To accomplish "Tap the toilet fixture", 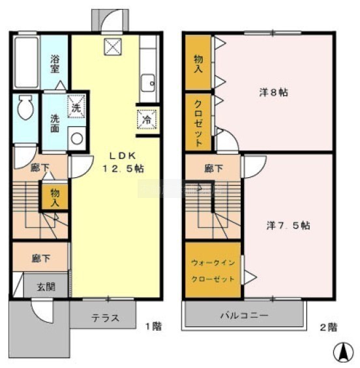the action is click(x=25, y=107).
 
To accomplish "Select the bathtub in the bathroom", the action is click(x=27, y=62).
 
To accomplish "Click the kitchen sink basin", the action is click(x=148, y=83).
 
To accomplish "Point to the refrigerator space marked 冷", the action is click(x=147, y=119).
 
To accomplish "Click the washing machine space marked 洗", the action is click(x=76, y=106).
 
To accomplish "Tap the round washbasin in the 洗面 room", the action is click(x=76, y=139).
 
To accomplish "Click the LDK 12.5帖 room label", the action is click(x=123, y=162).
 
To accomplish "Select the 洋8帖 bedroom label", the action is click(x=273, y=92).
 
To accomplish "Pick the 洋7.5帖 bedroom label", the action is click(x=288, y=225).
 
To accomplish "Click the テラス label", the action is click(x=105, y=318).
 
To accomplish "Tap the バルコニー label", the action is click(x=244, y=315).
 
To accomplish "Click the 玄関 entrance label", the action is click(x=46, y=287).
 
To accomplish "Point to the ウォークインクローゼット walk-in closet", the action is click(x=213, y=270).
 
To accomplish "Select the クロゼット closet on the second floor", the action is click(x=198, y=122).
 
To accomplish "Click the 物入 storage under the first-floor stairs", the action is click(x=55, y=197).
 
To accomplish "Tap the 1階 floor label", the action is click(x=154, y=326).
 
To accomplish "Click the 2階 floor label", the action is click(x=329, y=327).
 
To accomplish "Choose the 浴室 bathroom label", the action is click(x=55, y=64).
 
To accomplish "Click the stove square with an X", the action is click(x=113, y=47).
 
